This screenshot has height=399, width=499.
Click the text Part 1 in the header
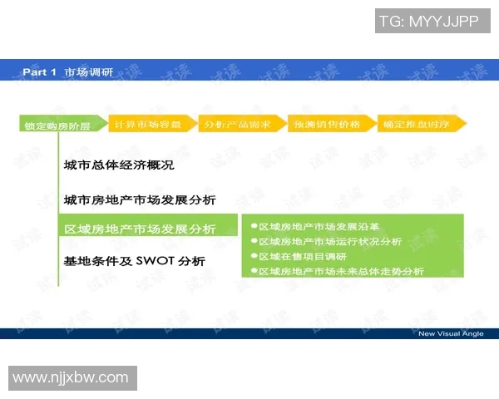[x=40, y=73]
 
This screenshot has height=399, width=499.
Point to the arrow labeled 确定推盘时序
[x=418, y=124]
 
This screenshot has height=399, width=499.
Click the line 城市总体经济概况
[x=119, y=165]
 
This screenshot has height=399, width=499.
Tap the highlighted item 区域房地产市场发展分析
[x=140, y=229]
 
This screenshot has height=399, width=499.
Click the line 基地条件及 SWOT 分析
[x=134, y=260]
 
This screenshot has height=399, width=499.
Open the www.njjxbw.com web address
[x=71, y=378]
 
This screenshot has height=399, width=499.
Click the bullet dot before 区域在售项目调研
[x=254, y=256]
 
